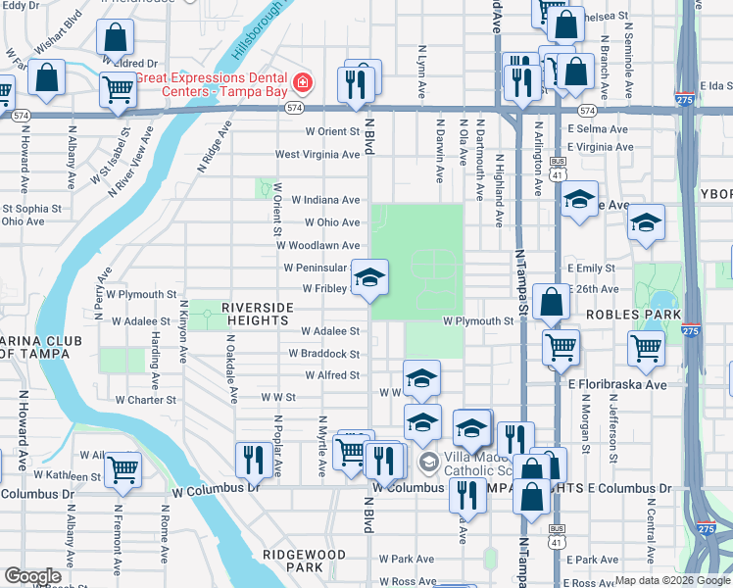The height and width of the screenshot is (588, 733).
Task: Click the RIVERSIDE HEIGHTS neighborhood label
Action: (258, 314)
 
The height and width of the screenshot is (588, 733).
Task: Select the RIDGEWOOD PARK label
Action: (305, 561)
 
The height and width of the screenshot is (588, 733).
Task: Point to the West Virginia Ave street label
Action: (317, 154)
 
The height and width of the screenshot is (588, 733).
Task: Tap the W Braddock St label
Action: (323, 353)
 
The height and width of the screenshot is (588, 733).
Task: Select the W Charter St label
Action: (145, 400)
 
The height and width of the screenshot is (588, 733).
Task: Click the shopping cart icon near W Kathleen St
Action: (122, 470)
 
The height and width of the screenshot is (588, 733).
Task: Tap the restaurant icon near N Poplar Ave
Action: (254, 458)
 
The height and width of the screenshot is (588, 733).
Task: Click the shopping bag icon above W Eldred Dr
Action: (115, 38)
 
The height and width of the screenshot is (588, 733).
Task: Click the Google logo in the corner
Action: (32, 576)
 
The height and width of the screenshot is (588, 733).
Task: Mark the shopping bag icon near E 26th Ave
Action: (552, 302)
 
